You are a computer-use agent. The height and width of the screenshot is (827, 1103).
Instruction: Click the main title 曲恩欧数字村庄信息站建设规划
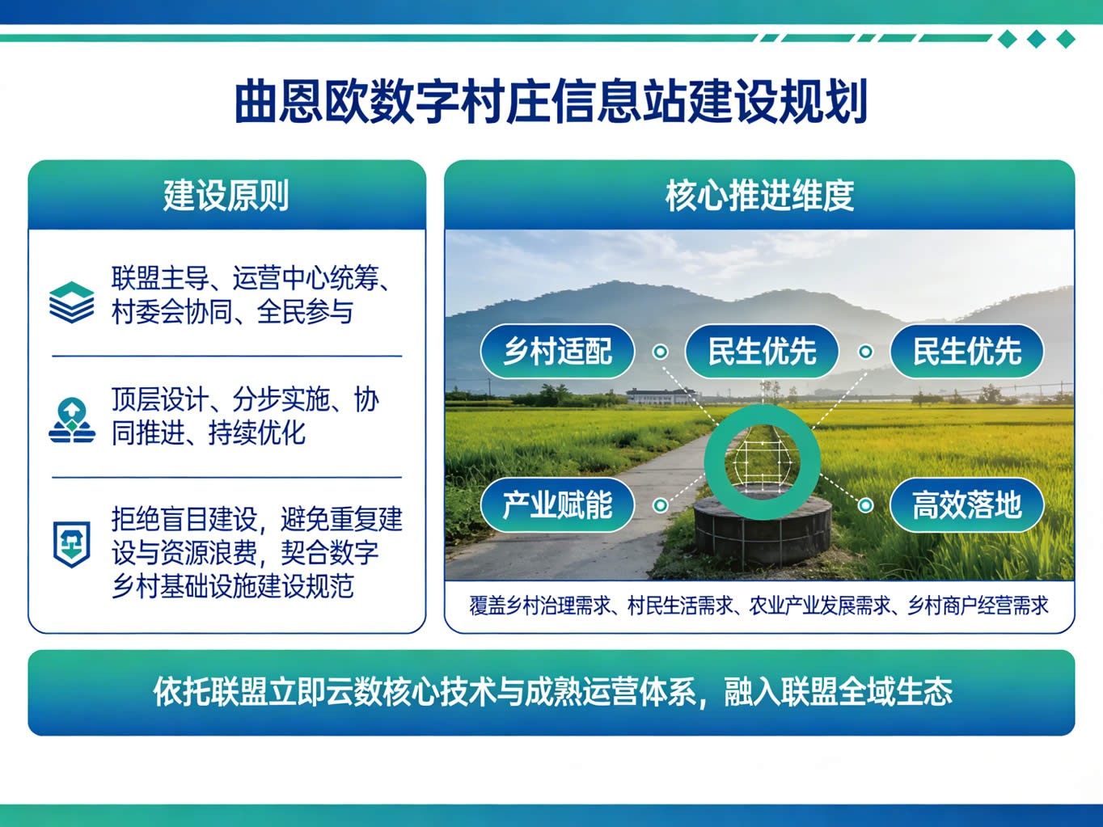(x=551, y=102)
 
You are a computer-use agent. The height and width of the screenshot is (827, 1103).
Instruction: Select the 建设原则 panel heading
(x=226, y=196)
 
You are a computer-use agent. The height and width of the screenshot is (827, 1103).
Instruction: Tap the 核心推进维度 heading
(x=759, y=196)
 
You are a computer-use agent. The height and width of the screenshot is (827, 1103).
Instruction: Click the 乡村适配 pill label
(x=557, y=351)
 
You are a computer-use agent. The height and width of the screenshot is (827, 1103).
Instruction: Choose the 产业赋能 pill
(x=557, y=504)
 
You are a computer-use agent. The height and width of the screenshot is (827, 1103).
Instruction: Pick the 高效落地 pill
(x=967, y=504)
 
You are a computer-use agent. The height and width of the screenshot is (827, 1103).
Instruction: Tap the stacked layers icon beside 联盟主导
(x=71, y=302)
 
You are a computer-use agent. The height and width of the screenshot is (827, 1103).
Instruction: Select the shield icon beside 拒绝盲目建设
(x=72, y=544)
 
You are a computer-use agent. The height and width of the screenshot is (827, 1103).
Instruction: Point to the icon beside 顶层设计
(x=72, y=421)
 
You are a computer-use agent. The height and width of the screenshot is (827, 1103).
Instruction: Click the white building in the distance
(x=660, y=396)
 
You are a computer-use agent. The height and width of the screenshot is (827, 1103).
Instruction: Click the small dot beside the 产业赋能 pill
(x=661, y=504)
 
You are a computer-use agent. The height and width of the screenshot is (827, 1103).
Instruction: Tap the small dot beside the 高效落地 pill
(x=865, y=504)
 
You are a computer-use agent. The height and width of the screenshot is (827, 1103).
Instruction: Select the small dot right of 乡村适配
(x=661, y=352)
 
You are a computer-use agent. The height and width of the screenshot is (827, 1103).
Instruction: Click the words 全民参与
(x=305, y=312)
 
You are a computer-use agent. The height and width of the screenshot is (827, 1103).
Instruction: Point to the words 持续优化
(x=257, y=432)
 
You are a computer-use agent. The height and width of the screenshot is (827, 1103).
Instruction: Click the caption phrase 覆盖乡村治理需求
(x=540, y=606)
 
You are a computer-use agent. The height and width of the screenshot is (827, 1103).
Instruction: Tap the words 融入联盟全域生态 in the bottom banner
(x=838, y=692)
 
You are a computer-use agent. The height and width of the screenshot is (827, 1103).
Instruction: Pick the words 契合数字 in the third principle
(x=330, y=552)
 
